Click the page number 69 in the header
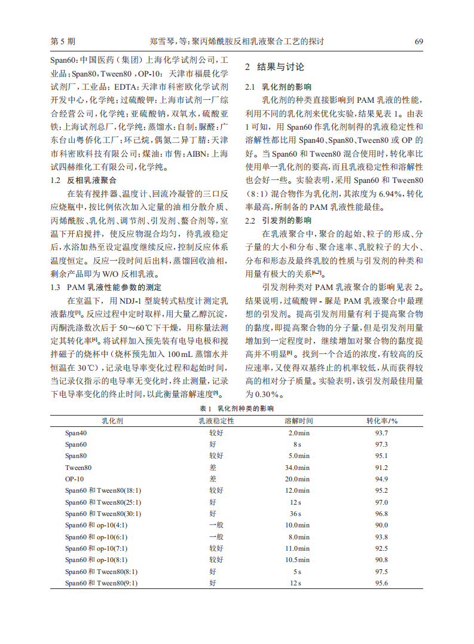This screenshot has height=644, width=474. pyautogui.click(x=418, y=42)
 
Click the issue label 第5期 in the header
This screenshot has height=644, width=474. pyautogui.click(x=63, y=42)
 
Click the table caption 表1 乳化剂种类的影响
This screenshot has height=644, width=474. pyautogui.click(x=237, y=408)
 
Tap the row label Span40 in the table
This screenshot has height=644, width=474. pyautogui.click(x=76, y=433)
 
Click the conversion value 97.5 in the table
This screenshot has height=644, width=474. pyautogui.click(x=381, y=572)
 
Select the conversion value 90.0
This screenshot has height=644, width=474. pyautogui.click(x=381, y=525)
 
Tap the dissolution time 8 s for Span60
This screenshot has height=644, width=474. pyautogui.click(x=297, y=444)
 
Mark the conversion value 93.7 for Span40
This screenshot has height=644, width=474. pyautogui.click(x=381, y=433)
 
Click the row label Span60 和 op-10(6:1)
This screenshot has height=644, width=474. pyautogui.click(x=96, y=537)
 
